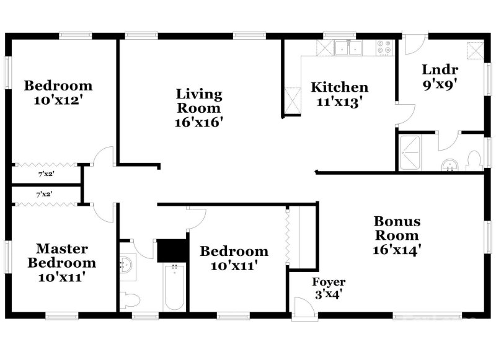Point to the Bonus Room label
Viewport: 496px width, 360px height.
(397, 228)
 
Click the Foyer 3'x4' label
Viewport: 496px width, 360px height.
(328, 288)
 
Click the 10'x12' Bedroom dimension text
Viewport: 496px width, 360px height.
(58, 100)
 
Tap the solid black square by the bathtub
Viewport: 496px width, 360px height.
(172, 250)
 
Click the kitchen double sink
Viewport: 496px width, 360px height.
(348, 47)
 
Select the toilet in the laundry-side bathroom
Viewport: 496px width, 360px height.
(474, 160)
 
